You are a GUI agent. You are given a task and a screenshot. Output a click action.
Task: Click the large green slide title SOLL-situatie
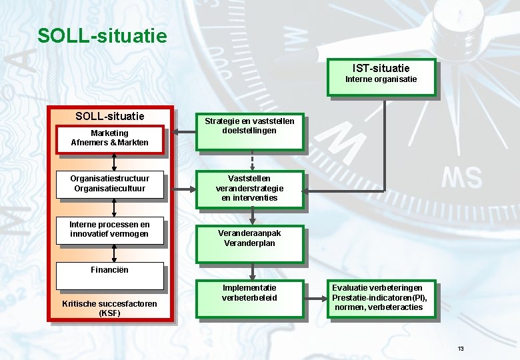click(x=102, y=35)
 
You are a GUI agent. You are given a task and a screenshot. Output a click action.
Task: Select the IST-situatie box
click(x=381, y=77)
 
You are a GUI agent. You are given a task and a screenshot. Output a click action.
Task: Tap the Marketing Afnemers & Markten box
click(x=109, y=138)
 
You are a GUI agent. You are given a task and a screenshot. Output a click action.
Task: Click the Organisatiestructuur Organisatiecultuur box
click(x=109, y=183)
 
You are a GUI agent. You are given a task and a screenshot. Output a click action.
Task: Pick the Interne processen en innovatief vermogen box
click(x=109, y=229)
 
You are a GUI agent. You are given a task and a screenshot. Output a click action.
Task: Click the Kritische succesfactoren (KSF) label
click(x=109, y=308)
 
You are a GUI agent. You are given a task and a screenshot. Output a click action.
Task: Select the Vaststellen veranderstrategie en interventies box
click(x=250, y=188)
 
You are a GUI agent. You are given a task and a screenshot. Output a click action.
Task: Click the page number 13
click(x=460, y=349)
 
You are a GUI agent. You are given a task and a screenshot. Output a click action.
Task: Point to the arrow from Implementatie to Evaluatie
click(x=315, y=297)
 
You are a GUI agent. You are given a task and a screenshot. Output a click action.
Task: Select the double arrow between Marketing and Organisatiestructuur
click(x=115, y=163)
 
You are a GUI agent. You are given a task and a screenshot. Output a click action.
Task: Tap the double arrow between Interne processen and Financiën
click(x=115, y=252)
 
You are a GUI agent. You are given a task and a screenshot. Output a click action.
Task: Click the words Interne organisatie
click(x=381, y=79)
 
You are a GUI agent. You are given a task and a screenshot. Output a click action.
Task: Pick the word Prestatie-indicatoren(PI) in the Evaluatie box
click(x=378, y=297)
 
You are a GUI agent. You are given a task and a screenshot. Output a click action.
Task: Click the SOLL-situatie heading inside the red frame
click(x=109, y=116)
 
